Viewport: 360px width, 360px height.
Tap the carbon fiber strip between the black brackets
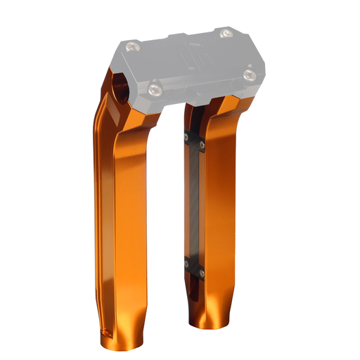coord(195,204)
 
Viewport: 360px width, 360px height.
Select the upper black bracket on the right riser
coord(194,141)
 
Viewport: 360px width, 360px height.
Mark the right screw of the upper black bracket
coord(202,146)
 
